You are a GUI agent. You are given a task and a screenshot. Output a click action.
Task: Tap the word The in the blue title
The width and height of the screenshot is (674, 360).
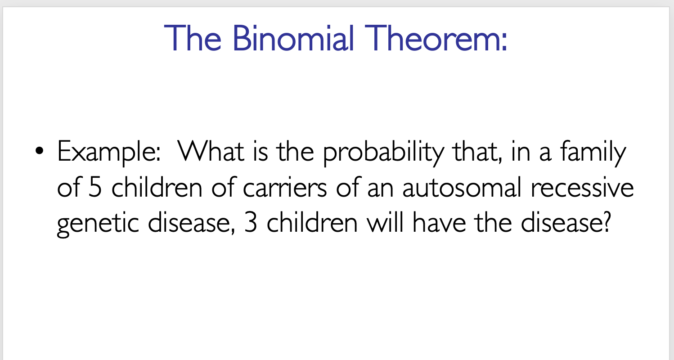point(193,38)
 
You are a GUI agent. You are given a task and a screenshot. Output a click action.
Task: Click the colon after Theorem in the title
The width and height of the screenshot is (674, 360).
point(503,40)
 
